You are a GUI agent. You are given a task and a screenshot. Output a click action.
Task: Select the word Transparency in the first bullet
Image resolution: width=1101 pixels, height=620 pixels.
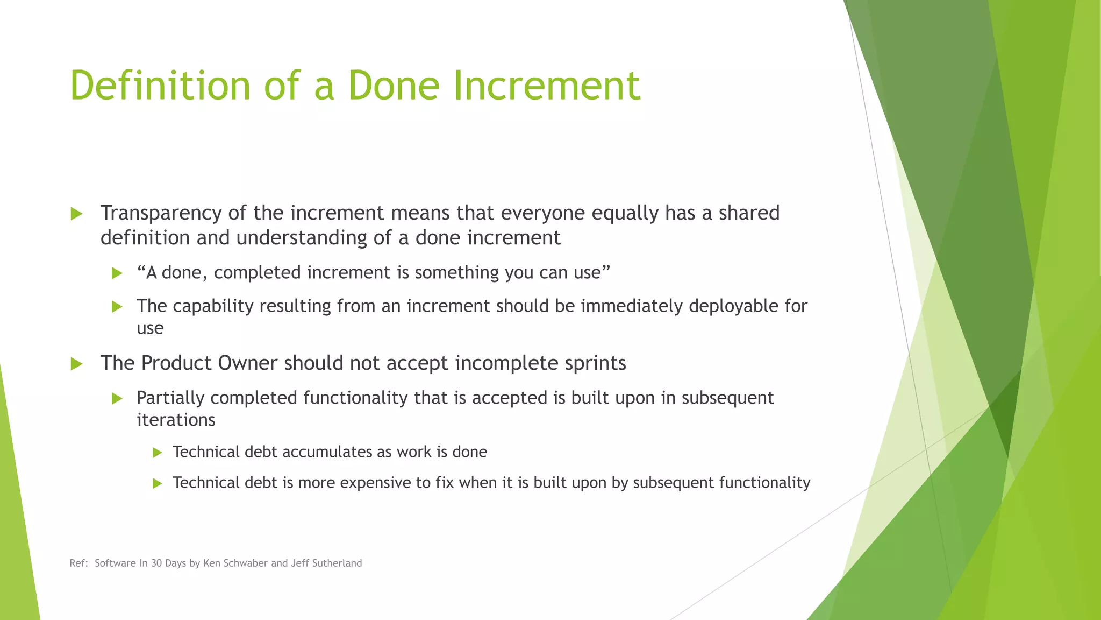[161, 214]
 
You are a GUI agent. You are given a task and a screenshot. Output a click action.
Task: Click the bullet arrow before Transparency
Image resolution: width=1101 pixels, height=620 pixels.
[76, 214]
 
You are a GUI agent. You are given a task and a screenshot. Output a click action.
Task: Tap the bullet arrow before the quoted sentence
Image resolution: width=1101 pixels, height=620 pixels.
[117, 273]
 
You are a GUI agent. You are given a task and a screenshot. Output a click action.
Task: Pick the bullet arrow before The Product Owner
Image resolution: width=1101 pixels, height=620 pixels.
[76, 364]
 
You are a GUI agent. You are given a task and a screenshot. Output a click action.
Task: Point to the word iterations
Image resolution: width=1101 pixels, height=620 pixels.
[176, 420]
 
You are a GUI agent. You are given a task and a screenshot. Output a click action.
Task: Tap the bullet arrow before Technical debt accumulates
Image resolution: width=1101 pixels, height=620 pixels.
[157, 453]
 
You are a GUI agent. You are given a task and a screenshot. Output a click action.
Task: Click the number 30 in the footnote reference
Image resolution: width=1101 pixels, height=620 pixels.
[156, 563]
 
